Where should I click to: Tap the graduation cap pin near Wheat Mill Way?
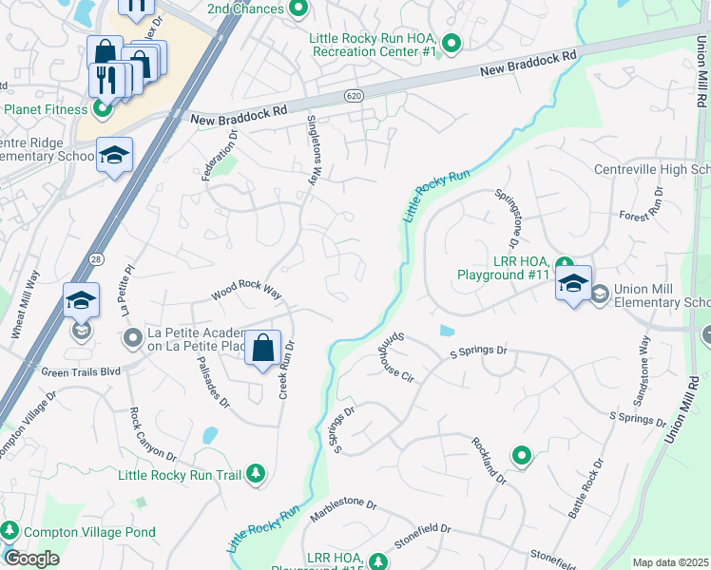[82, 302]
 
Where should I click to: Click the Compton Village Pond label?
[89, 532]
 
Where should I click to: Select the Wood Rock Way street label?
[247, 291]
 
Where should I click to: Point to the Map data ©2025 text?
[670, 562]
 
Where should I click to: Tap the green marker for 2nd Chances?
[298, 9]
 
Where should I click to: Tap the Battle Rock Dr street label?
[586, 488]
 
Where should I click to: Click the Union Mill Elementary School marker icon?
[600, 294]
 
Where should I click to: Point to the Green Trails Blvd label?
[81, 371]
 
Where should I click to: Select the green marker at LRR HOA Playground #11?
[565, 265]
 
